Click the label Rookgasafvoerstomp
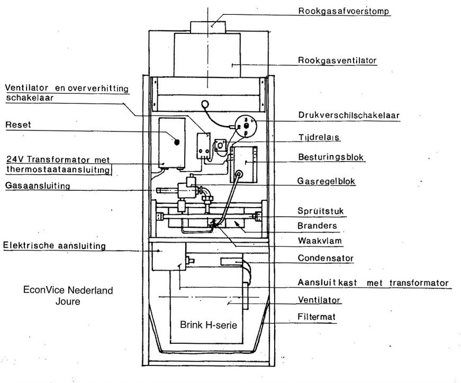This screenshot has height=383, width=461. click(x=344, y=11)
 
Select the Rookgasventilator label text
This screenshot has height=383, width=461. click(x=337, y=60)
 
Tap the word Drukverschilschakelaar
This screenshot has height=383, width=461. click(x=349, y=115)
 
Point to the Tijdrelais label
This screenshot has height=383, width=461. click(x=319, y=137)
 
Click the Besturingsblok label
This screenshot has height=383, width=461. click(x=331, y=157)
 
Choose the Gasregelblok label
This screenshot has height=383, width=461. click(x=326, y=181)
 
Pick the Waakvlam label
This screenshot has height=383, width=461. click(x=320, y=241)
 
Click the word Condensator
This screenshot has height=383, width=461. click(x=326, y=258)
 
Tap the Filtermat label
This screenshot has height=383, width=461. click(x=317, y=317)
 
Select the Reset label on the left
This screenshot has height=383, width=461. click(x=18, y=124)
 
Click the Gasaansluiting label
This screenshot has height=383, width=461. click(x=38, y=185)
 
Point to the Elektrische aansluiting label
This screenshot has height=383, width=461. click(x=55, y=245)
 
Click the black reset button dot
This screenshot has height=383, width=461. click(x=177, y=142)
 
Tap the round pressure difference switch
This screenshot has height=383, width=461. click(x=246, y=126)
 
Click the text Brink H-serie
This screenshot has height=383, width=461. click(x=209, y=325)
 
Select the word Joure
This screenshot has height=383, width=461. click(x=68, y=301)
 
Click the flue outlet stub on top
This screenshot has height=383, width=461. click(x=208, y=28)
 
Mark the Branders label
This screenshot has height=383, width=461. click(x=317, y=226)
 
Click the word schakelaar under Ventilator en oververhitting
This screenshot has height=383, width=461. click(x=30, y=97)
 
